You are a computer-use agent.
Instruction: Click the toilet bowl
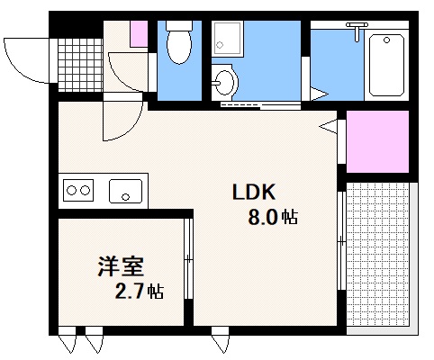pyautogui.click(x=180, y=46)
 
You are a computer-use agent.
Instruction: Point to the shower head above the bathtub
pyautogui.click(x=359, y=34)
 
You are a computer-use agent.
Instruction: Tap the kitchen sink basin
pyautogui.click(x=125, y=190)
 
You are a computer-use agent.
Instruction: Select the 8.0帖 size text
pyautogui.click(x=273, y=217)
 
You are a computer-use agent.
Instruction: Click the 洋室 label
pyautogui.click(x=121, y=267)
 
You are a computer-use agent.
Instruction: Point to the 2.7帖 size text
pyautogui.click(x=139, y=291)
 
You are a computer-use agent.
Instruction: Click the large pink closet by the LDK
pyautogui.click(x=377, y=142)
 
